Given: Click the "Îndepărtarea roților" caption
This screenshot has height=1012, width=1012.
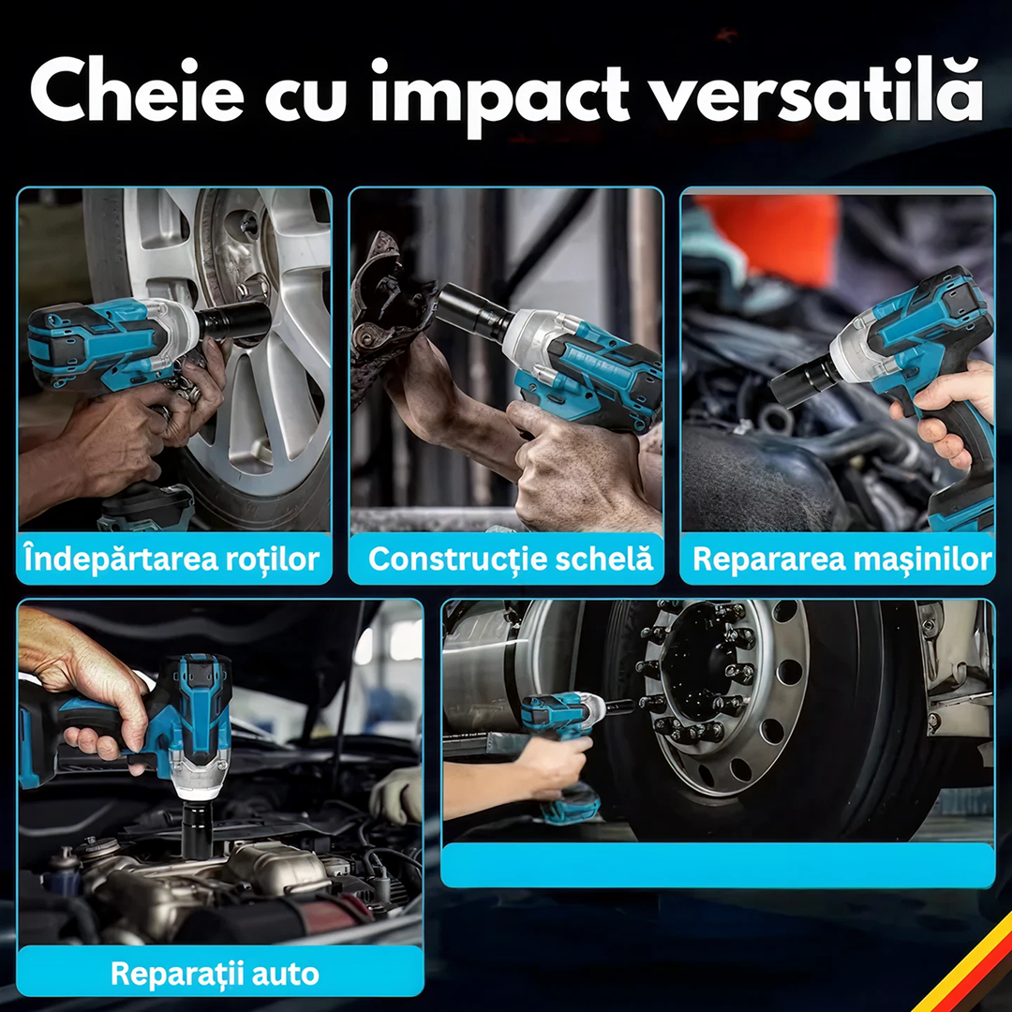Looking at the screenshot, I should tap(172, 559).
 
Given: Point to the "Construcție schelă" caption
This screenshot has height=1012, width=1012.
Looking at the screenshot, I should tap(510, 559).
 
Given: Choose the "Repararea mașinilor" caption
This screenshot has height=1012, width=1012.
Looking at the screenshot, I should tap(841, 559).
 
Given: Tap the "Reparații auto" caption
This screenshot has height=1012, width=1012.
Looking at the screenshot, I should tap(215, 973).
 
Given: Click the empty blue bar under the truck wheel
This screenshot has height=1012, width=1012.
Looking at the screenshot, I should tap(717, 864).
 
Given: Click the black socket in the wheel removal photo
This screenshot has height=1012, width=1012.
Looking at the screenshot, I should tap(234, 322).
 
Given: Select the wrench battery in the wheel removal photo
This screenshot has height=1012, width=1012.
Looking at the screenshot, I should tap(145, 510).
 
